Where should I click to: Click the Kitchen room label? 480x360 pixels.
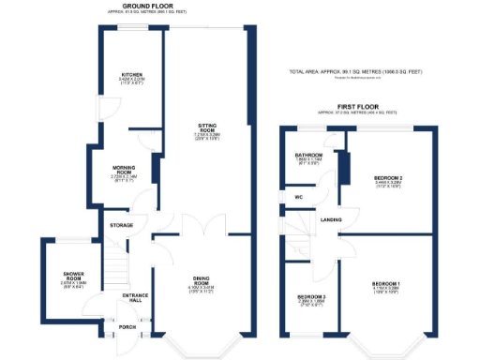click(x=131, y=75)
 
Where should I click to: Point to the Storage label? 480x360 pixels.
click(x=122, y=225)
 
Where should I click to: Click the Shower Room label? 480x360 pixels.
click(x=61, y=276)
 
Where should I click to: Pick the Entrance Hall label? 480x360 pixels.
click(x=136, y=298)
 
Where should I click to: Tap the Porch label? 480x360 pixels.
click(x=127, y=327)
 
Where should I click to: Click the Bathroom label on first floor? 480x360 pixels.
click(x=308, y=155)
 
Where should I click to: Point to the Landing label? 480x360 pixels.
click(x=331, y=219)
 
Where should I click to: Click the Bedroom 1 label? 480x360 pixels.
click(x=385, y=283)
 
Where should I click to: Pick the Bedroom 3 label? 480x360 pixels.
click(x=311, y=297)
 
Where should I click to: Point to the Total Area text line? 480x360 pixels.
click(x=356, y=72)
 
